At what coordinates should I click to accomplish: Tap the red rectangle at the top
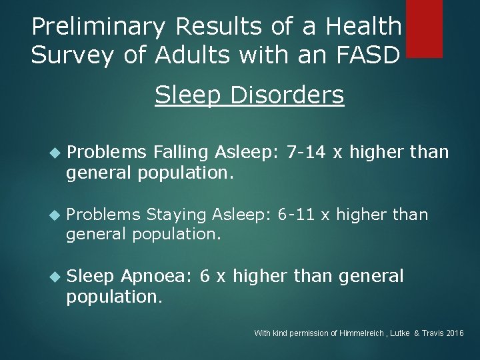pos(424,28)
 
